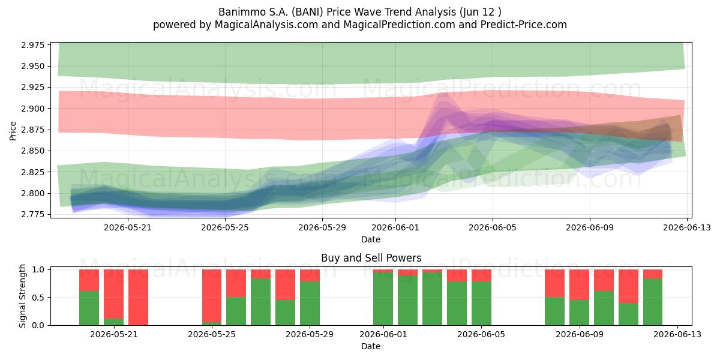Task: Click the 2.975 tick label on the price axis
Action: coord(33,45)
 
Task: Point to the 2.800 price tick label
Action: coord(33,193)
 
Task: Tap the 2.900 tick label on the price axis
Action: coord(33,109)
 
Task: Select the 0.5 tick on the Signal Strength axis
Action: coord(39,298)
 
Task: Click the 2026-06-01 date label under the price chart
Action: coord(395,227)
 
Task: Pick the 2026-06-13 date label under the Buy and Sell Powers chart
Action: coord(677,335)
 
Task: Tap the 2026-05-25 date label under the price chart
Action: coord(225,227)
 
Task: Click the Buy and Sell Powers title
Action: coord(371,258)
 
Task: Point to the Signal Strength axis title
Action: coord(22,296)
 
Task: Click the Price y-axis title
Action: coord(13,131)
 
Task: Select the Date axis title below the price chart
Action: coord(371,239)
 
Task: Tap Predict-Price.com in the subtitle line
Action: coord(524,25)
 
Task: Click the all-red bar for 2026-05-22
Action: coord(138,298)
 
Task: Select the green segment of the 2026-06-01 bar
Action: coord(383,299)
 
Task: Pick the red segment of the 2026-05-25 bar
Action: coord(212,296)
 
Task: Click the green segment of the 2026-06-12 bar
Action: coord(653,302)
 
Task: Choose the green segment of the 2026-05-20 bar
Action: coord(89,308)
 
